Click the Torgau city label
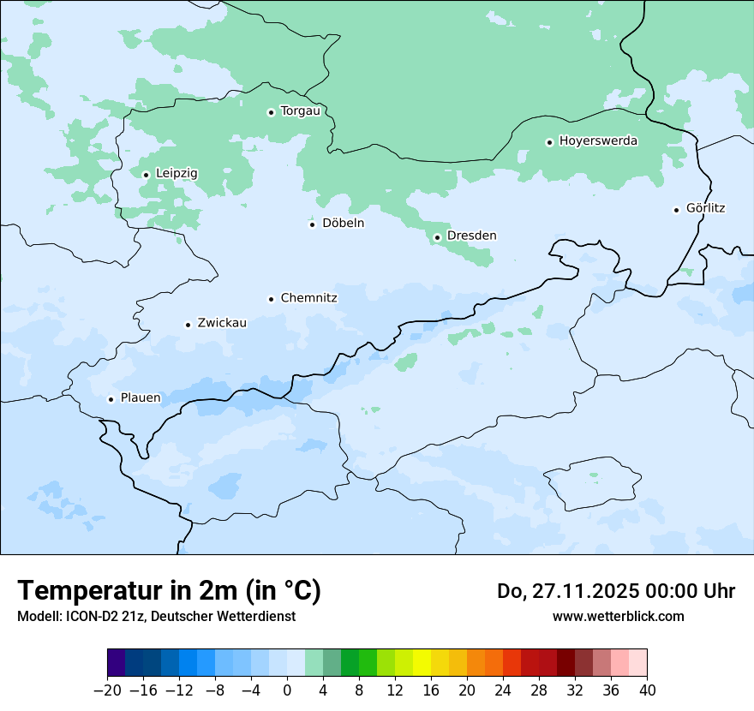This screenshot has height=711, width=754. pos(300,111)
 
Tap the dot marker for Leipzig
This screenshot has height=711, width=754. pos(146,175)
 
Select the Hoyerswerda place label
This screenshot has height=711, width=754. pos(598,141)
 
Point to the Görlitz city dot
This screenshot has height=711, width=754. pos(676,209)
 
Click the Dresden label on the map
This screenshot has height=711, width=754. pos(471,236)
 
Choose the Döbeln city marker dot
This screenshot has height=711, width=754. pos(312,224)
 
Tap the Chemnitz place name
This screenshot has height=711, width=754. pos(308,298)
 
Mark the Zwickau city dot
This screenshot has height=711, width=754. pos(188,325)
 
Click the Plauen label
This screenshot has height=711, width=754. pos(141,398)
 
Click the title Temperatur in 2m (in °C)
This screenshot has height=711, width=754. pos(169,591)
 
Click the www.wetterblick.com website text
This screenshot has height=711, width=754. pos(618,616)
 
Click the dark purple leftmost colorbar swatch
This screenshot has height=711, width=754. pos(116,663)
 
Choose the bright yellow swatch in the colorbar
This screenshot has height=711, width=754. pos(422,663)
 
